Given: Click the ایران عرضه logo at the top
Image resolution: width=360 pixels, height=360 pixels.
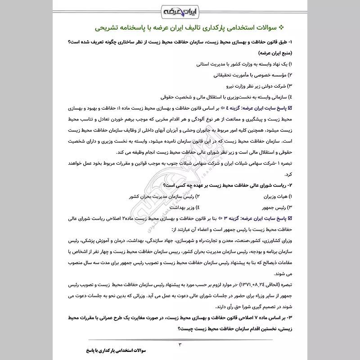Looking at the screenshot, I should coord(180,10).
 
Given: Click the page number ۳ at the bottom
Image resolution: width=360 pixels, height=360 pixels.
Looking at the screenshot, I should coord(180,345).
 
